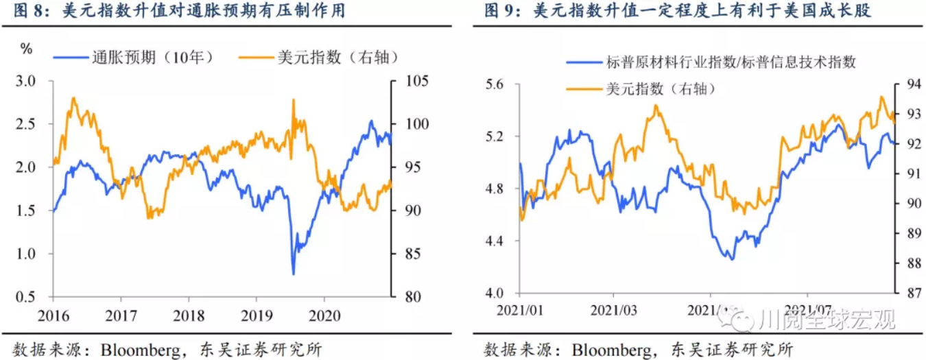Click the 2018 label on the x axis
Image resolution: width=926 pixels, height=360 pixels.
[x=188, y=315]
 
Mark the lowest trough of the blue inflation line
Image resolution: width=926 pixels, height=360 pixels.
[x=294, y=274]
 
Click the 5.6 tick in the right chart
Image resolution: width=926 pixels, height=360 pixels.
[x=495, y=85]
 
